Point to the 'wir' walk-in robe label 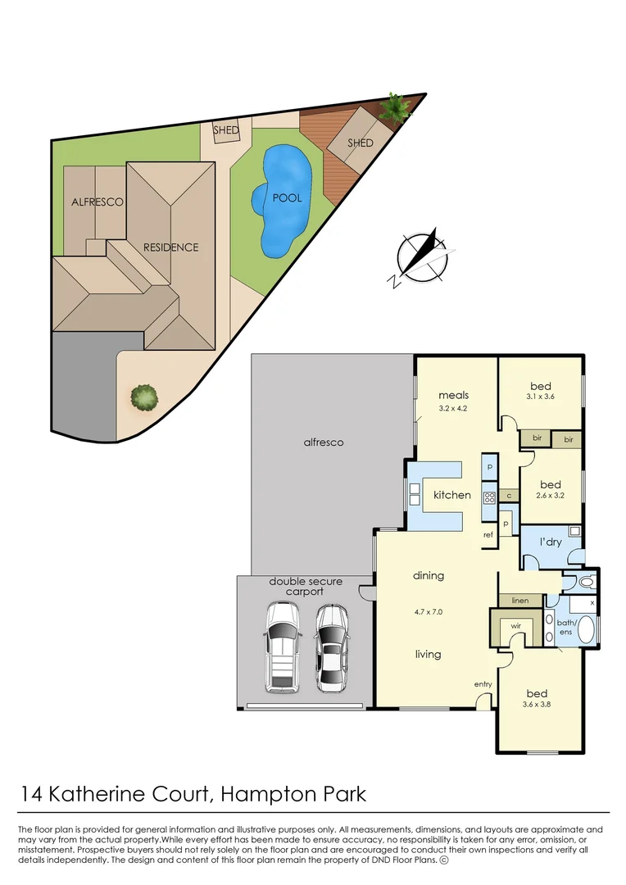coord(516,626)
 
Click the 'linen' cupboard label coord(519,601)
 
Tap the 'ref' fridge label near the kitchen coord(488,535)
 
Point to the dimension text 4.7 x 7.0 coord(429,610)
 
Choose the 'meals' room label coord(452,395)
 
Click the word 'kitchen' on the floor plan coord(452,495)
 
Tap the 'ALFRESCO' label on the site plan coord(97,202)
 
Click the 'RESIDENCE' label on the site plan coord(170,247)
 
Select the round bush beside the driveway coord(144,397)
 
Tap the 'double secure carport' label coord(306,586)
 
